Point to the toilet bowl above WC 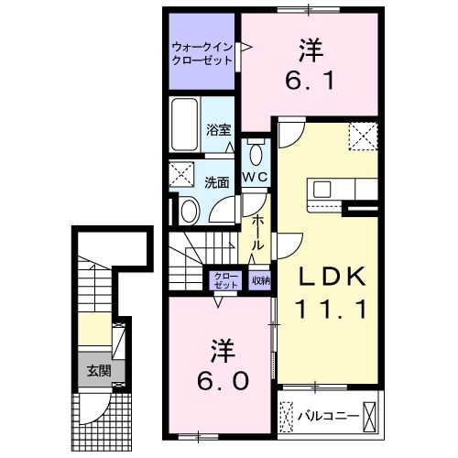(256, 152)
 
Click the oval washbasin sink (190, 211)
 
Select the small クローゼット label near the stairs (224, 281)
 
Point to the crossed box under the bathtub (181, 173)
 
